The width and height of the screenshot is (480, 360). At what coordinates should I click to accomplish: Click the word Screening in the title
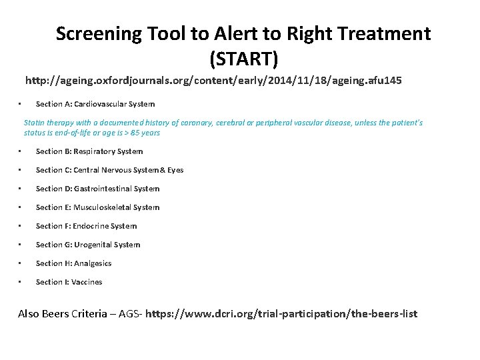[x=98, y=33]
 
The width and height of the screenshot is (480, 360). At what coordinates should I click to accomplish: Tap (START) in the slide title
[x=243, y=60]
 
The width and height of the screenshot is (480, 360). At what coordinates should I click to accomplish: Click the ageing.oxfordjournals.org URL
[x=213, y=81]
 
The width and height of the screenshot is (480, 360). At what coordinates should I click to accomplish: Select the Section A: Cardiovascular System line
[x=95, y=104]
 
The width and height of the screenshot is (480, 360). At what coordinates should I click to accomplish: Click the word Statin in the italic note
[x=34, y=123]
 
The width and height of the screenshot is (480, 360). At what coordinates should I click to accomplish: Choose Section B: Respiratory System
[x=89, y=151]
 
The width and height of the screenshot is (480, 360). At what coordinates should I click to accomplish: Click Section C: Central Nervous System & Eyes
[x=109, y=170]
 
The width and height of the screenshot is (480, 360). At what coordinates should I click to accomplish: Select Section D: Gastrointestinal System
[x=97, y=189]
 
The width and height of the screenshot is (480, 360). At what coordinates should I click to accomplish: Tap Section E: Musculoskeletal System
[x=97, y=207]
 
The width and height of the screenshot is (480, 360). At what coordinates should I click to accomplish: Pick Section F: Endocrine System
[x=86, y=226]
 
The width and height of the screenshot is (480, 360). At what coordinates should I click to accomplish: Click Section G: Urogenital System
[x=88, y=245]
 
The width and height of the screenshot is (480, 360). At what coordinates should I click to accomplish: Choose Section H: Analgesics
[x=73, y=263]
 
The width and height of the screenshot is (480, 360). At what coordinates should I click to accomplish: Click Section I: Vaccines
[x=69, y=282]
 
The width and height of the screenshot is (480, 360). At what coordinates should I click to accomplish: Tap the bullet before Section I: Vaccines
[x=21, y=282]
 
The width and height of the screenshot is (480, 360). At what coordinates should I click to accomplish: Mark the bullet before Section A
[x=21, y=104]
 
